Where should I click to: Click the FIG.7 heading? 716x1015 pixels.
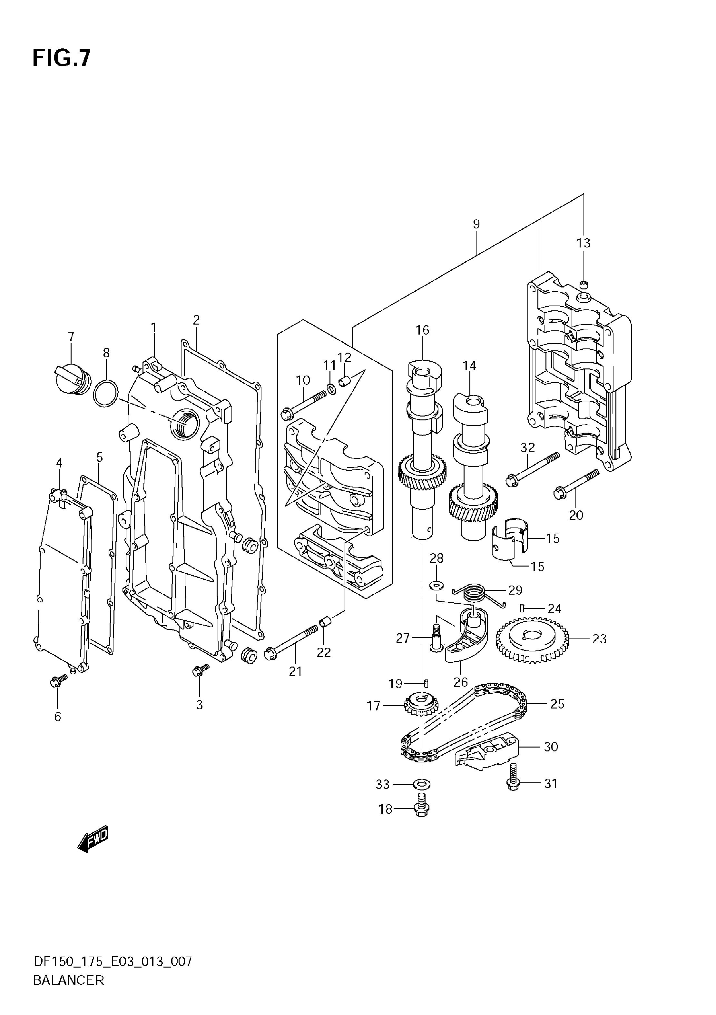61,57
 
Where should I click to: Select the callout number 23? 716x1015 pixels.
599,639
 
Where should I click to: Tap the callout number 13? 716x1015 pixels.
584,243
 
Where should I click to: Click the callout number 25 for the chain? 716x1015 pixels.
557,704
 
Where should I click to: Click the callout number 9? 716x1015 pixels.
476,224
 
